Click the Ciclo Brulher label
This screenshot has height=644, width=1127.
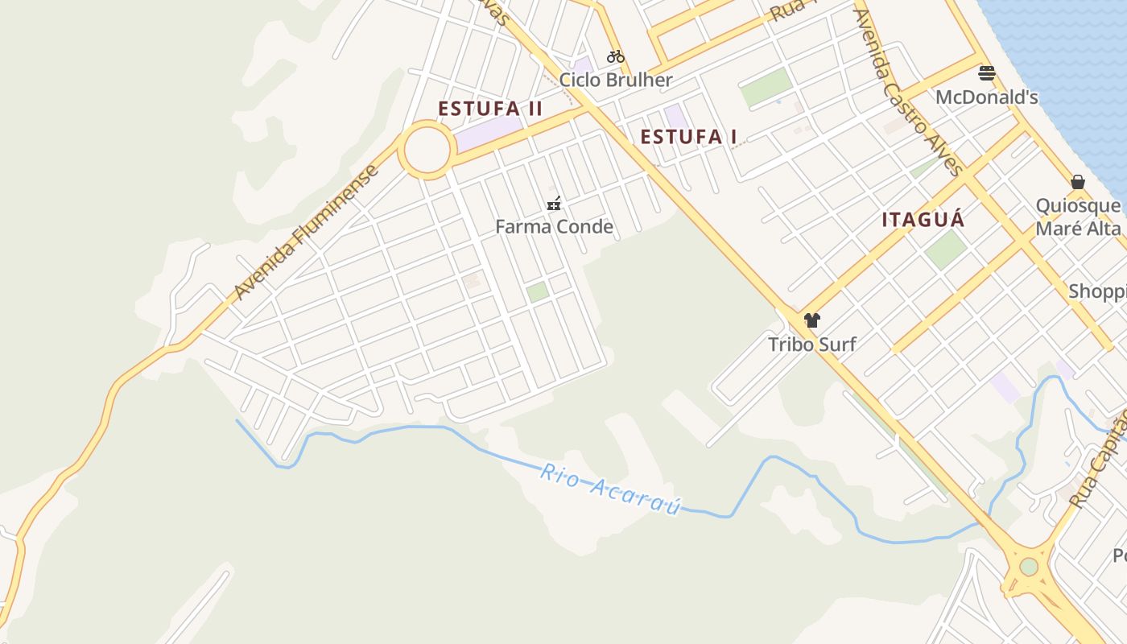click(616, 80)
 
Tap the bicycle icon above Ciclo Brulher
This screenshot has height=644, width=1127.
click(616, 56)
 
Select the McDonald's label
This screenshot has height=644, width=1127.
click(986, 97)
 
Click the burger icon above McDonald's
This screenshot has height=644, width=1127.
click(987, 73)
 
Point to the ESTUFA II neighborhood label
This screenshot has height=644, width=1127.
click(490, 109)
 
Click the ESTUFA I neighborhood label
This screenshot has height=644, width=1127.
click(688, 137)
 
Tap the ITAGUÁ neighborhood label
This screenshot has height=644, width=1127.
click(923, 220)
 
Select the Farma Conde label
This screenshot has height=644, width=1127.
click(554, 227)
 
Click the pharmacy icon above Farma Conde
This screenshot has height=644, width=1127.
click(554, 203)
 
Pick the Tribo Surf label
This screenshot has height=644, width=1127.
click(811, 345)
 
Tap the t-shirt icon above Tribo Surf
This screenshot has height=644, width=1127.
click(811, 320)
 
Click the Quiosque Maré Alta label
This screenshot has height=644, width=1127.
click(1078, 217)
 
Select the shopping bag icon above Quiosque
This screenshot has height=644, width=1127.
click(1078, 182)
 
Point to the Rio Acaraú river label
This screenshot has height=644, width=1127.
click(610, 489)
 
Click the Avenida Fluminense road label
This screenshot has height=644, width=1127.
click(306, 233)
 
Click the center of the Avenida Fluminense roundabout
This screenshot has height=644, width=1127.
click(427, 150)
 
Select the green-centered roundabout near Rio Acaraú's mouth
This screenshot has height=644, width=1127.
click(1029, 567)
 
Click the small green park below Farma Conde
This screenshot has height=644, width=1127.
click(538, 291)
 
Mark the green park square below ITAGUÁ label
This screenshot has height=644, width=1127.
click(946, 250)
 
